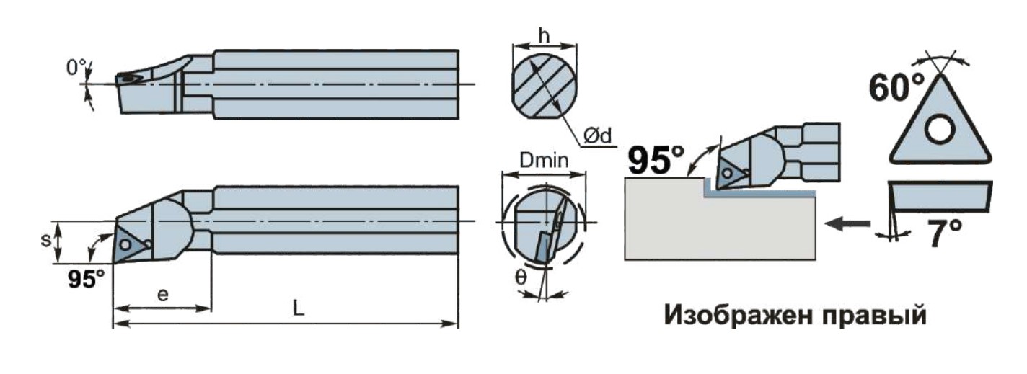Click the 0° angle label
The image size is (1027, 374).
(x=76, y=68)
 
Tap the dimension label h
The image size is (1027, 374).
(x=545, y=35)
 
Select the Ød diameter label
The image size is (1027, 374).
(x=597, y=135)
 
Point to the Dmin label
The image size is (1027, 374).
(x=544, y=161)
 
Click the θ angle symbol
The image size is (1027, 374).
(x=521, y=277)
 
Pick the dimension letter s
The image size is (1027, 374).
(x=46, y=240)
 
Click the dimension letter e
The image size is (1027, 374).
(x=162, y=294)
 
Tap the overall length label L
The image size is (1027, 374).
(x=299, y=308)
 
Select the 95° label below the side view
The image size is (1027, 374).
(x=87, y=279)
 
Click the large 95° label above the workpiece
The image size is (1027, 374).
(x=656, y=160)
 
